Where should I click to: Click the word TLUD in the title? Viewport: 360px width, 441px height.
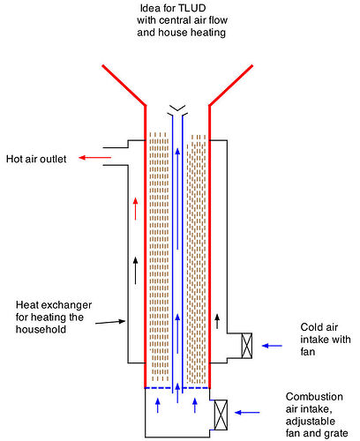point(192,8)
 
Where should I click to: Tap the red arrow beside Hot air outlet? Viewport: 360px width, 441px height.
point(94,158)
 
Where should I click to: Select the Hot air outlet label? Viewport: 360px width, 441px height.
point(36,159)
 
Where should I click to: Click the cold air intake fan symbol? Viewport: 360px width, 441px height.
point(247,346)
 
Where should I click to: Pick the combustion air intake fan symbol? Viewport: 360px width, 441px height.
point(221,415)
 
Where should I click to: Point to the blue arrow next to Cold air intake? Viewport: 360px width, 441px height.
point(272,346)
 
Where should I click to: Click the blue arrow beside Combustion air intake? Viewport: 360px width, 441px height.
point(247,413)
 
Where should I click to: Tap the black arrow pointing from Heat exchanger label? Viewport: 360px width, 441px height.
point(110,322)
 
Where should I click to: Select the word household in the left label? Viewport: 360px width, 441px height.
point(41,329)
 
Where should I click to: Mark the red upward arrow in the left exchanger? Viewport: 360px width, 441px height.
point(135,209)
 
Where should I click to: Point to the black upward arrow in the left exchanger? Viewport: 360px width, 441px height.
point(135,271)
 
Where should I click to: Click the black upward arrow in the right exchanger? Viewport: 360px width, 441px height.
point(217,321)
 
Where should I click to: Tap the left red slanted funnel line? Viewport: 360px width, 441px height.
point(124,85)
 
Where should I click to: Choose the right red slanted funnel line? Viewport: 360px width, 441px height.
point(231,85)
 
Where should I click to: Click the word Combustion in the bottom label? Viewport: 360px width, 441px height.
point(314,397)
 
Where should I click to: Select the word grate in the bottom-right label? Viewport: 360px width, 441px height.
point(335,433)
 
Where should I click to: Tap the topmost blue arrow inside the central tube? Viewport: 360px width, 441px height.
point(177,198)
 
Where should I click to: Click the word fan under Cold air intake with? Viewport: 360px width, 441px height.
point(308,352)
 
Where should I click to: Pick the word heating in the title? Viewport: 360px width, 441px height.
point(207,33)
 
